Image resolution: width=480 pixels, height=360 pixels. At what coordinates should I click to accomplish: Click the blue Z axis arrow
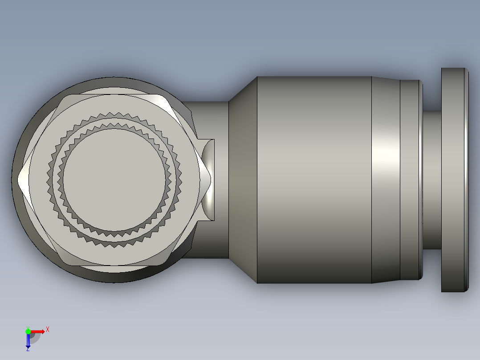point(28,341)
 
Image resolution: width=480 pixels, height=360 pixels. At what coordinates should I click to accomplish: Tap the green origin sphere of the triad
point(28,331)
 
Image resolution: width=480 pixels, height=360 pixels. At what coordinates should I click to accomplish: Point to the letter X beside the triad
point(48,329)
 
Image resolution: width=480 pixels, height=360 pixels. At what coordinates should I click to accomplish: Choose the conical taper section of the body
point(243,180)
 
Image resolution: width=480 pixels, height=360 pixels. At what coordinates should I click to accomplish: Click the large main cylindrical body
point(314,180)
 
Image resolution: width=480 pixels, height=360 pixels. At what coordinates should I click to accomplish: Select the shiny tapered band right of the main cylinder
point(385,180)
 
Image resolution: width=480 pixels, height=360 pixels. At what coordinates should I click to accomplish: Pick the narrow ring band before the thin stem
point(410,180)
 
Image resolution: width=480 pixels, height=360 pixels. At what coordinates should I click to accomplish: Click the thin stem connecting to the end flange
point(431,180)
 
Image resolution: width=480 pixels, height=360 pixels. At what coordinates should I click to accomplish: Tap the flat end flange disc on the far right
point(454,180)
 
